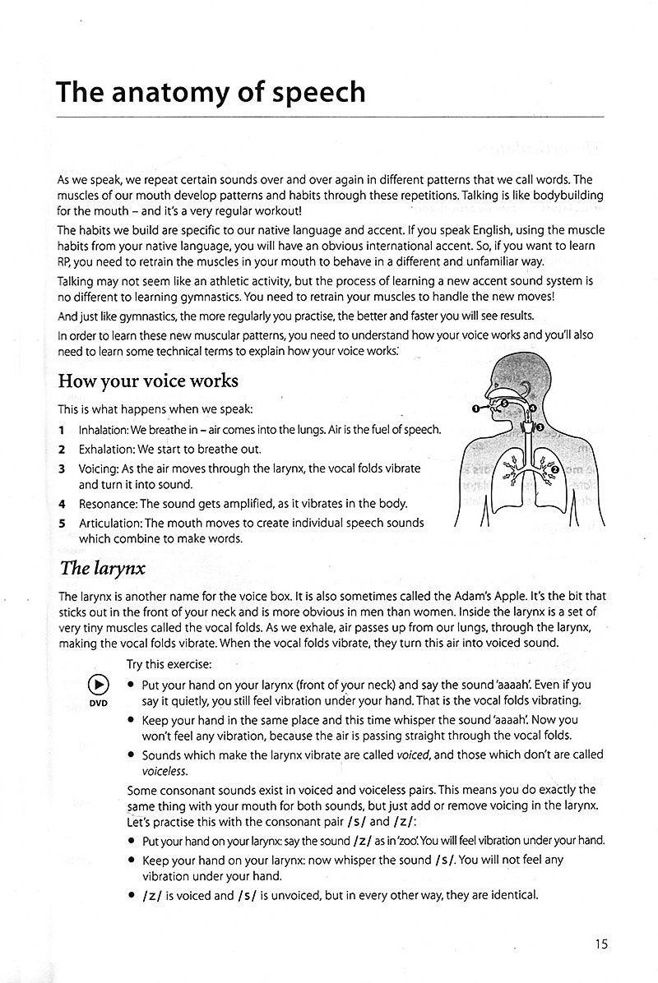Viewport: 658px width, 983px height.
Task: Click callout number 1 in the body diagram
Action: coord(475,408)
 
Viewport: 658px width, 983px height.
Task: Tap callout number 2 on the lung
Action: coord(555,469)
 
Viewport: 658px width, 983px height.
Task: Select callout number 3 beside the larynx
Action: coord(540,427)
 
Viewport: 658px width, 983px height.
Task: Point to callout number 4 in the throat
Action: coord(531,408)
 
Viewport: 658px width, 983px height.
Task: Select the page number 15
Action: coord(600,944)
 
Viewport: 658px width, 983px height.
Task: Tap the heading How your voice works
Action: coord(147,381)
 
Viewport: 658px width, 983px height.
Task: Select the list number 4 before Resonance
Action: coord(62,503)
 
